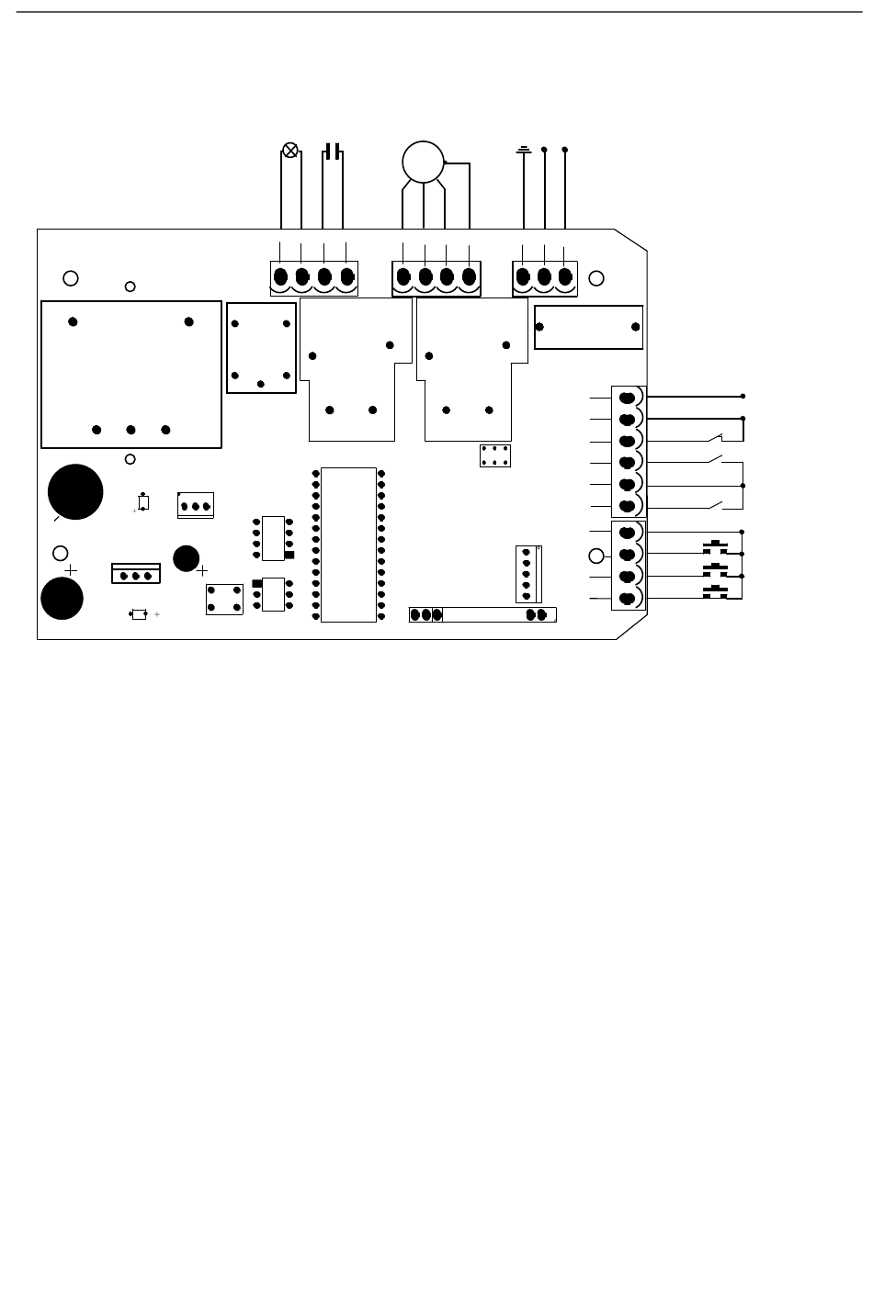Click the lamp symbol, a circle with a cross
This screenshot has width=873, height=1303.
pyautogui.click(x=290, y=150)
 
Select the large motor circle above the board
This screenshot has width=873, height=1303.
pyautogui.click(x=424, y=163)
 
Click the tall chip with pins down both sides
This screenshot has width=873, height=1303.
pyautogui.click(x=348, y=545)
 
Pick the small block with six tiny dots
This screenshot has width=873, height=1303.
pyautogui.click(x=495, y=455)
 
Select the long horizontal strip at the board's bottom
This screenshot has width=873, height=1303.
pyautogui.click(x=482, y=614)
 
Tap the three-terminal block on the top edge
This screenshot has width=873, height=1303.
pyautogui.click(x=544, y=277)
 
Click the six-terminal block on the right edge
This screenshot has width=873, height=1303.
pyautogui.click(x=629, y=451)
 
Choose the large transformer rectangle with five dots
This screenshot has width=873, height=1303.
pyautogui.click(x=131, y=374)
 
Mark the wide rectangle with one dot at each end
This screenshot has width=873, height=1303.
pyautogui.click(x=588, y=327)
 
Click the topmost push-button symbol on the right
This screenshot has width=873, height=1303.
pyautogui.click(x=715, y=549)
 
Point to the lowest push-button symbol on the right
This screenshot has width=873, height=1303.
pyautogui.click(x=715, y=593)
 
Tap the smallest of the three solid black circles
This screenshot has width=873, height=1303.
pyautogui.click(x=187, y=557)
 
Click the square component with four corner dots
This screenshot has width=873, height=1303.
pyautogui.click(x=224, y=598)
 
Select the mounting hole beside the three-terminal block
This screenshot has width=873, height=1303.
pyautogui.click(x=596, y=278)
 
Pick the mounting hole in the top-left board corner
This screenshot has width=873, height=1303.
pyautogui.click(x=69, y=278)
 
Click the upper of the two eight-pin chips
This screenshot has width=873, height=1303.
pyautogui.click(x=273, y=538)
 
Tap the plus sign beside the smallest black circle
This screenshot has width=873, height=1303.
pyautogui.click(x=202, y=570)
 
